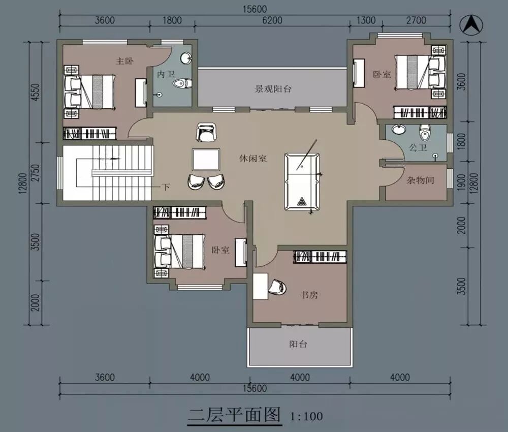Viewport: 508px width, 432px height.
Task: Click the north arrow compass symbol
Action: tap(472, 25)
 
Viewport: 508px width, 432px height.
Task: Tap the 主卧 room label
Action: tap(125, 61)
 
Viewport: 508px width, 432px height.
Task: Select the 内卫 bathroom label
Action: tap(166, 74)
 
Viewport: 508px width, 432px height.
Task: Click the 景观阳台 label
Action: tap(273, 89)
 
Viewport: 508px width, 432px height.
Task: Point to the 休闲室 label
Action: tap(253, 159)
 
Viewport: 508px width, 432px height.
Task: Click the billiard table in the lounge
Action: tap(302, 182)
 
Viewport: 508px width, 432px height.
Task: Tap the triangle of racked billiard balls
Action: tap(302, 202)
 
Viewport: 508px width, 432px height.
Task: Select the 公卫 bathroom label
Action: tap(418, 148)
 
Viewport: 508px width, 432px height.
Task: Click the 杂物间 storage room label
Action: tap(420, 180)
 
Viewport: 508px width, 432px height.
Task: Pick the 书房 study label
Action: tap(309, 295)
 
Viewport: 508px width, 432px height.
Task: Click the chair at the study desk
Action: tap(278, 287)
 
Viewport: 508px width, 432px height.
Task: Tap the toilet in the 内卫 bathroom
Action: tap(182, 84)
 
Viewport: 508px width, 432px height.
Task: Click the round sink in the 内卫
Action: tap(186, 58)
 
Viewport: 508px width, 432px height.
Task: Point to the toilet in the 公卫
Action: tap(424, 132)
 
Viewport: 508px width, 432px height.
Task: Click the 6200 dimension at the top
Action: tap(272, 20)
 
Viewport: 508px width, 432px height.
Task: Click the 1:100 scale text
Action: tap(306, 416)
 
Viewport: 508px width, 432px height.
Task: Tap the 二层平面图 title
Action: tap(235, 415)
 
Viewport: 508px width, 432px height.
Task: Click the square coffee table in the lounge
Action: tap(206, 160)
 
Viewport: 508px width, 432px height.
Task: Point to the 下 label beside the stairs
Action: tap(166, 187)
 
